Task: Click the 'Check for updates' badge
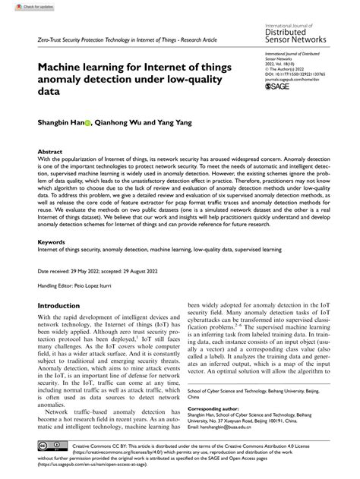pos(22,5)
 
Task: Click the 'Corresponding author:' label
pos(225,408)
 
